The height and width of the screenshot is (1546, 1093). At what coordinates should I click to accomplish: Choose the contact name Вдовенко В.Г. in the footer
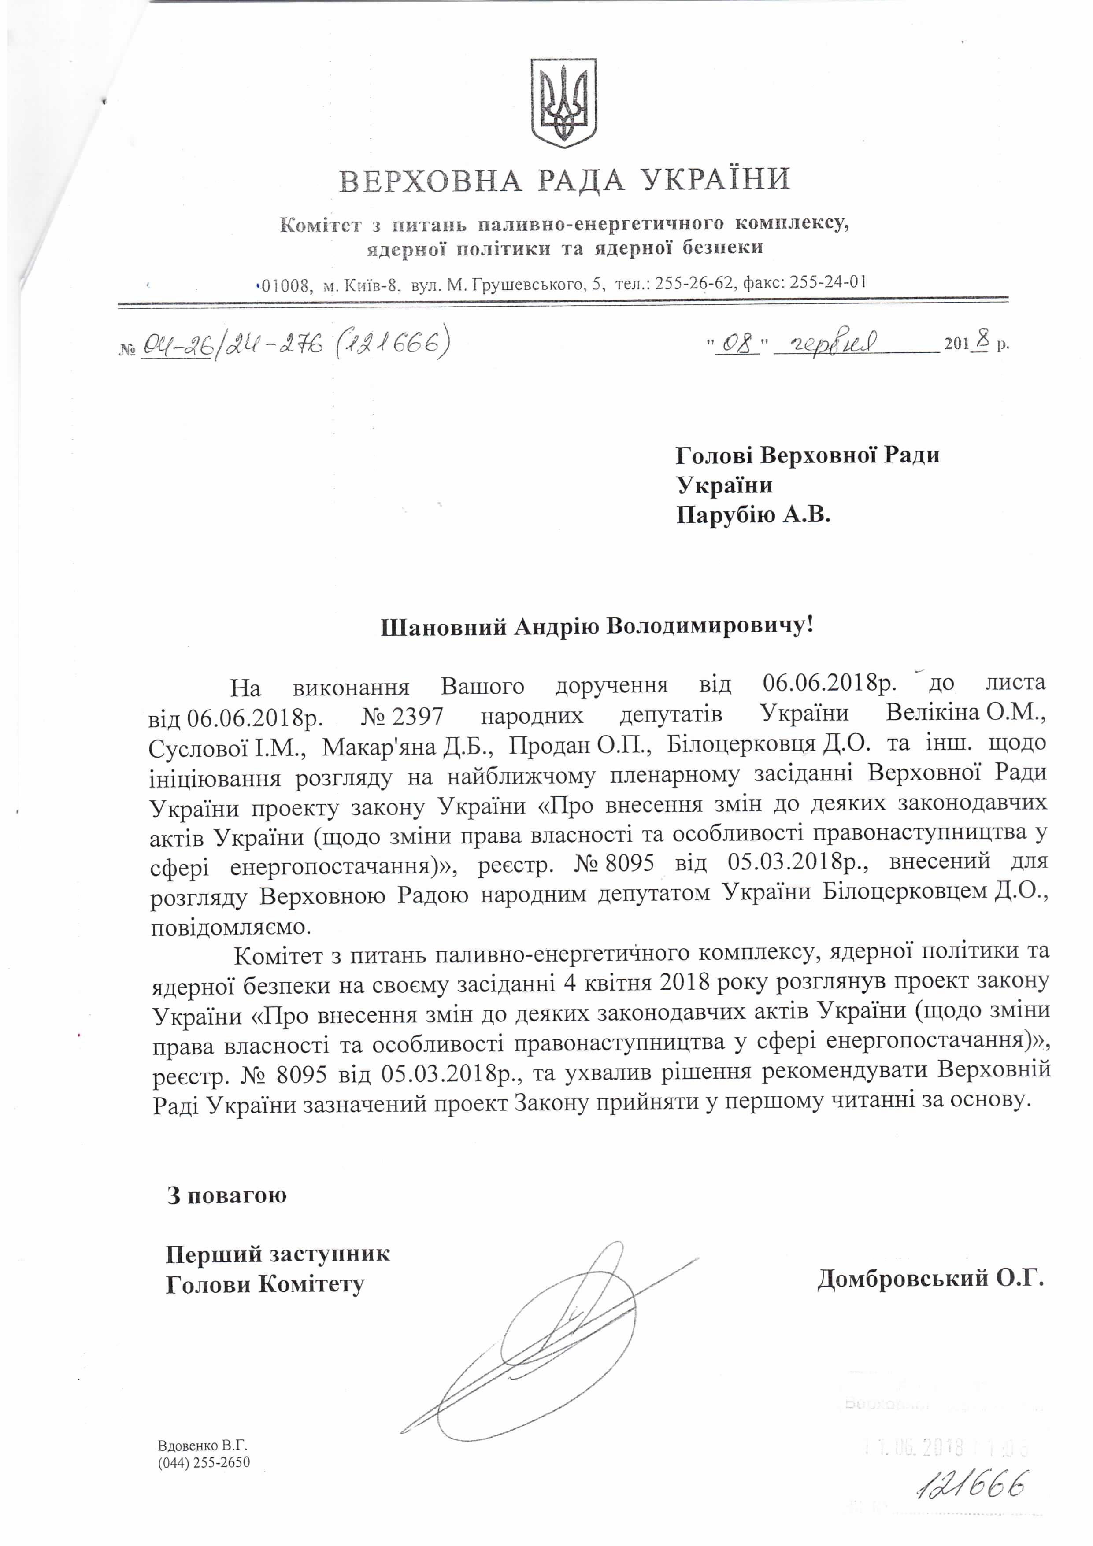(x=203, y=1446)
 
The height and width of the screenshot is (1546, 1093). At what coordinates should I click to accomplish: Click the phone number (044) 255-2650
(x=204, y=1462)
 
